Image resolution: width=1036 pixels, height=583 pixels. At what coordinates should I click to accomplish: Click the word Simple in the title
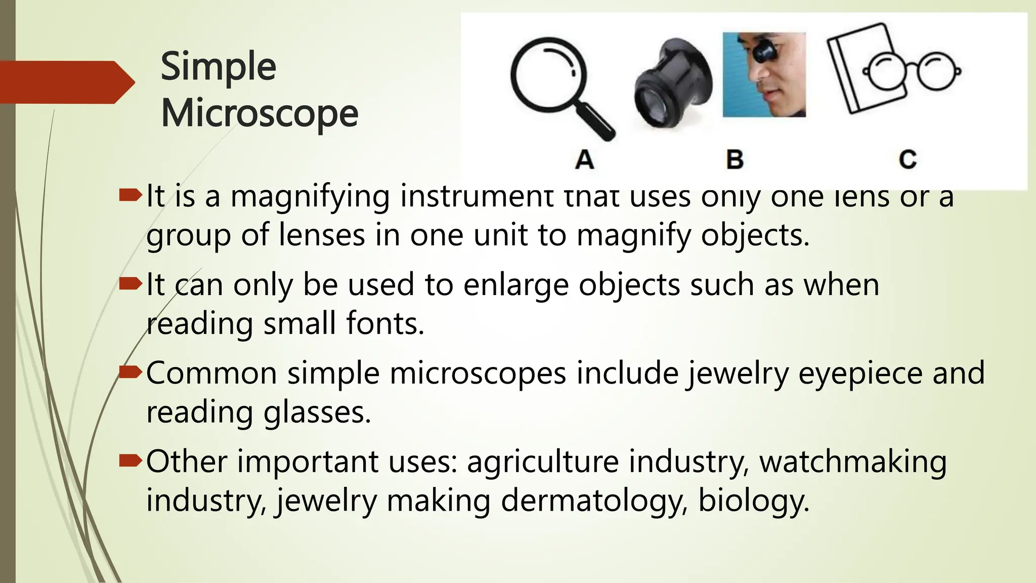click(x=218, y=67)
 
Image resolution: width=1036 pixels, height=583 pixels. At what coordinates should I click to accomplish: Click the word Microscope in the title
click(x=260, y=113)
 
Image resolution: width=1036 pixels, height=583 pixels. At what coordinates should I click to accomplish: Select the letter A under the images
click(x=584, y=160)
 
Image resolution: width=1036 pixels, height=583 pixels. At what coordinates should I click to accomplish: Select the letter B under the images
click(x=735, y=160)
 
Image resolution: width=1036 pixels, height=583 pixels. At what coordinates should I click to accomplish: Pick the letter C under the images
click(x=908, y=160)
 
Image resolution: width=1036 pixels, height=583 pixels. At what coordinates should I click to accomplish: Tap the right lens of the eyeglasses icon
click(x=937, y=72)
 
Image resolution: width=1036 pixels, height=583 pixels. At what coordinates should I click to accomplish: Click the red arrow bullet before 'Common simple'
click(x=130, y=373)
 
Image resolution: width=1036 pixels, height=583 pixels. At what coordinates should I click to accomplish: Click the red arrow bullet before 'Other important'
click(x=130, y=461)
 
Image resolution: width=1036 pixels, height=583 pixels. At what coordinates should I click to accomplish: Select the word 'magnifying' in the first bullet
click(x=310, y=196)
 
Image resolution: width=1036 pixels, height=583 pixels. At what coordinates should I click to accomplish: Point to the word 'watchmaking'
click(x=853, y=462)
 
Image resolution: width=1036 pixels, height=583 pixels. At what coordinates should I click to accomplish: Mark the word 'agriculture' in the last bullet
click(x=543, y=462)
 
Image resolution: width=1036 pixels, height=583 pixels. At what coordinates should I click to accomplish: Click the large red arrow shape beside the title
click(x=66, y=82)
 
